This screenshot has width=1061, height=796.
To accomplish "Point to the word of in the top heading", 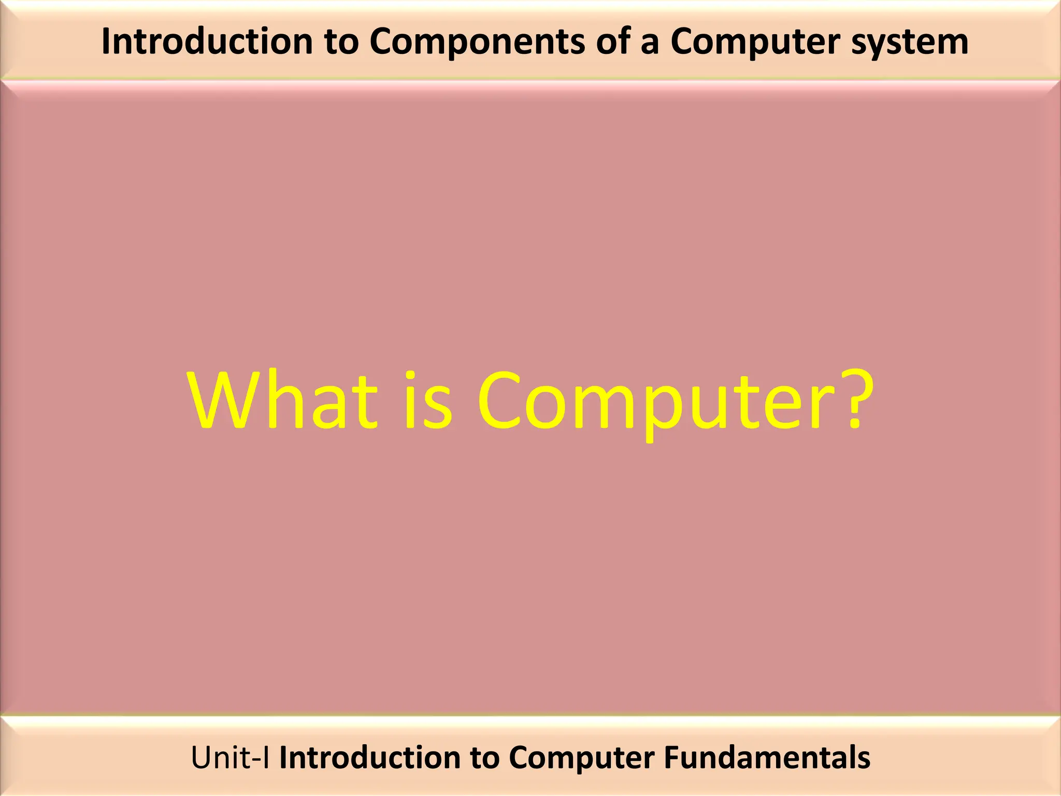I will pos(613,41).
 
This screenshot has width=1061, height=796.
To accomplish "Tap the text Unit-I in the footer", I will pos(230,758).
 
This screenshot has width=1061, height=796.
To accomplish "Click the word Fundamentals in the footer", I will pos(767,758).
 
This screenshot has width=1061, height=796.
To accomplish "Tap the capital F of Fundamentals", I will pos(672,758).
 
